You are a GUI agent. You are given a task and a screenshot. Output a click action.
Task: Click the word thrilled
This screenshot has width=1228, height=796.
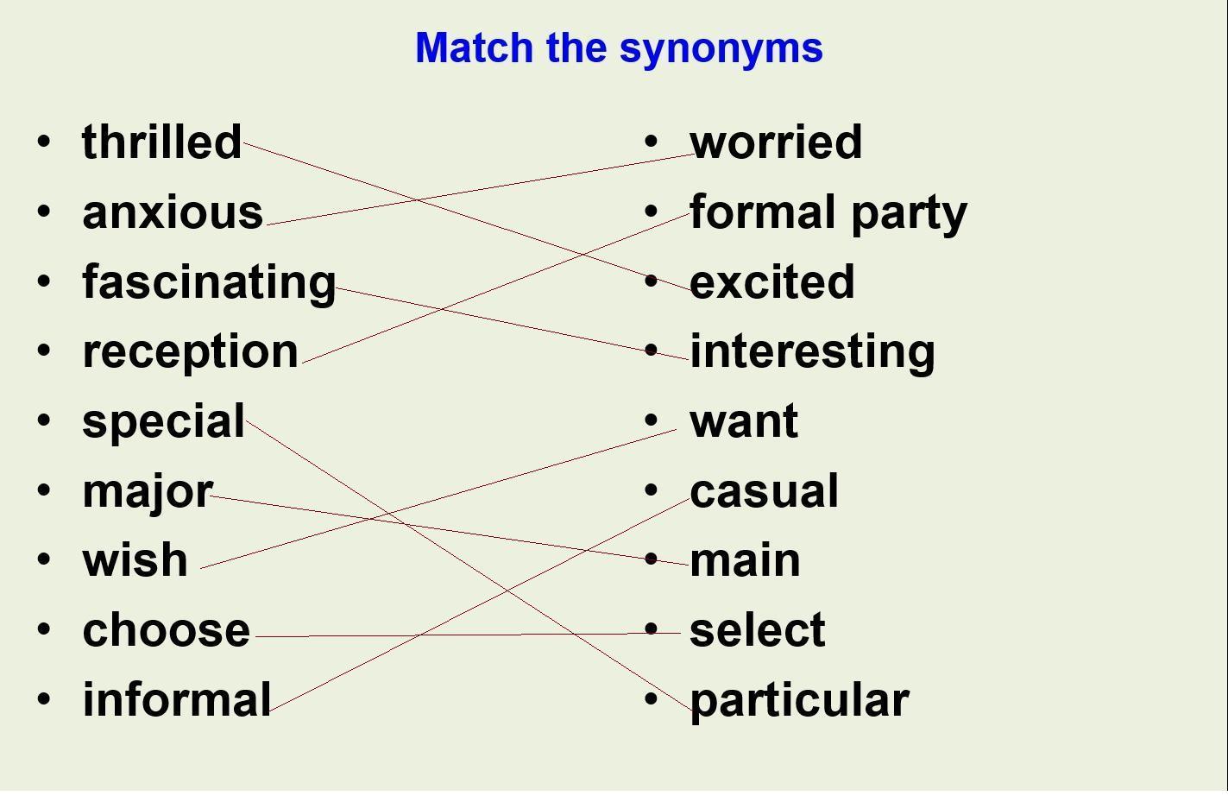(161, 142)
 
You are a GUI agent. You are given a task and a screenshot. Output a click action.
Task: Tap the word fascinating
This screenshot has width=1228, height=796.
(209, 282)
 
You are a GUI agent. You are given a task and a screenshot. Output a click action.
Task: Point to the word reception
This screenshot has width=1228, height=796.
(190, 353)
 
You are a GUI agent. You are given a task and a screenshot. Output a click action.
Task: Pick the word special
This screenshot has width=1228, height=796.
(163, 422)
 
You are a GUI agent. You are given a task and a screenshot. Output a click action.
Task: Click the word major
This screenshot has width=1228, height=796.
(148, 493)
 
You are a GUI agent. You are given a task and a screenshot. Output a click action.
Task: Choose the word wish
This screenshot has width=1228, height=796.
(135, 559)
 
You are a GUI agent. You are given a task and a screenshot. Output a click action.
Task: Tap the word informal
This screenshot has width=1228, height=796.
(177, 699)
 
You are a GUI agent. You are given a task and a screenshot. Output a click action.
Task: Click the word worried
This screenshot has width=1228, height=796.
(776, 142)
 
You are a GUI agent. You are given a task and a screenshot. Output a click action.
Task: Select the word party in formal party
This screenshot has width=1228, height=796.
(910, 214)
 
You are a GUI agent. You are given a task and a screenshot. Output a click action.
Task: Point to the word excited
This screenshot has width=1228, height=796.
(771, 281)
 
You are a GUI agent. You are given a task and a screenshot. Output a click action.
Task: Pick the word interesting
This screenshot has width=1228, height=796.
(812, 353)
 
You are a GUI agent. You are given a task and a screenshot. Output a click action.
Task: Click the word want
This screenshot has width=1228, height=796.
(744, 422)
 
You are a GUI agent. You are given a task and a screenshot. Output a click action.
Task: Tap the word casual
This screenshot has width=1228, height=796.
(765, 490)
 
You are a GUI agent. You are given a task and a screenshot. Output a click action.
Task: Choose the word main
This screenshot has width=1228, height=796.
(745, 559)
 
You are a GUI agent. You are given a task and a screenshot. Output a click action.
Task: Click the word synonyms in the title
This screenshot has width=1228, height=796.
(721, 49)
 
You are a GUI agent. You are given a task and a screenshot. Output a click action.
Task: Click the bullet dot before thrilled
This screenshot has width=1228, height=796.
(44, 141)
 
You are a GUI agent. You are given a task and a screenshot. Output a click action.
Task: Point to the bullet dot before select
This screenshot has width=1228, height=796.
(651, 629)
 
